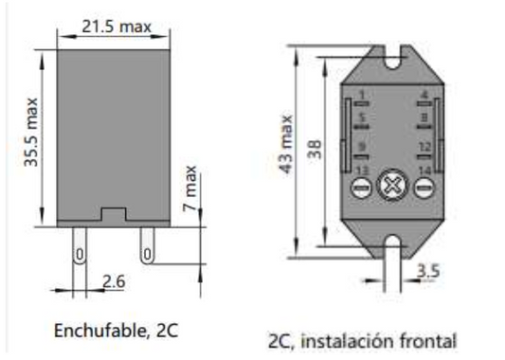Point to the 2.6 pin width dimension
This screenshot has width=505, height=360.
click(x=113, y=281)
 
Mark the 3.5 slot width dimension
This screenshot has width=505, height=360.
click(x=427, y=271)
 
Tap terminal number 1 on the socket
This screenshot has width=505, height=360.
click(x=362, y=94)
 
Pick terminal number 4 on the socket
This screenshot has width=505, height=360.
click(x=423, y=94)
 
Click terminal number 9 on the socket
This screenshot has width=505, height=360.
click(x=362, y=146)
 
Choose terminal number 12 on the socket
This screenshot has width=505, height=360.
click(x=424, y=146)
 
